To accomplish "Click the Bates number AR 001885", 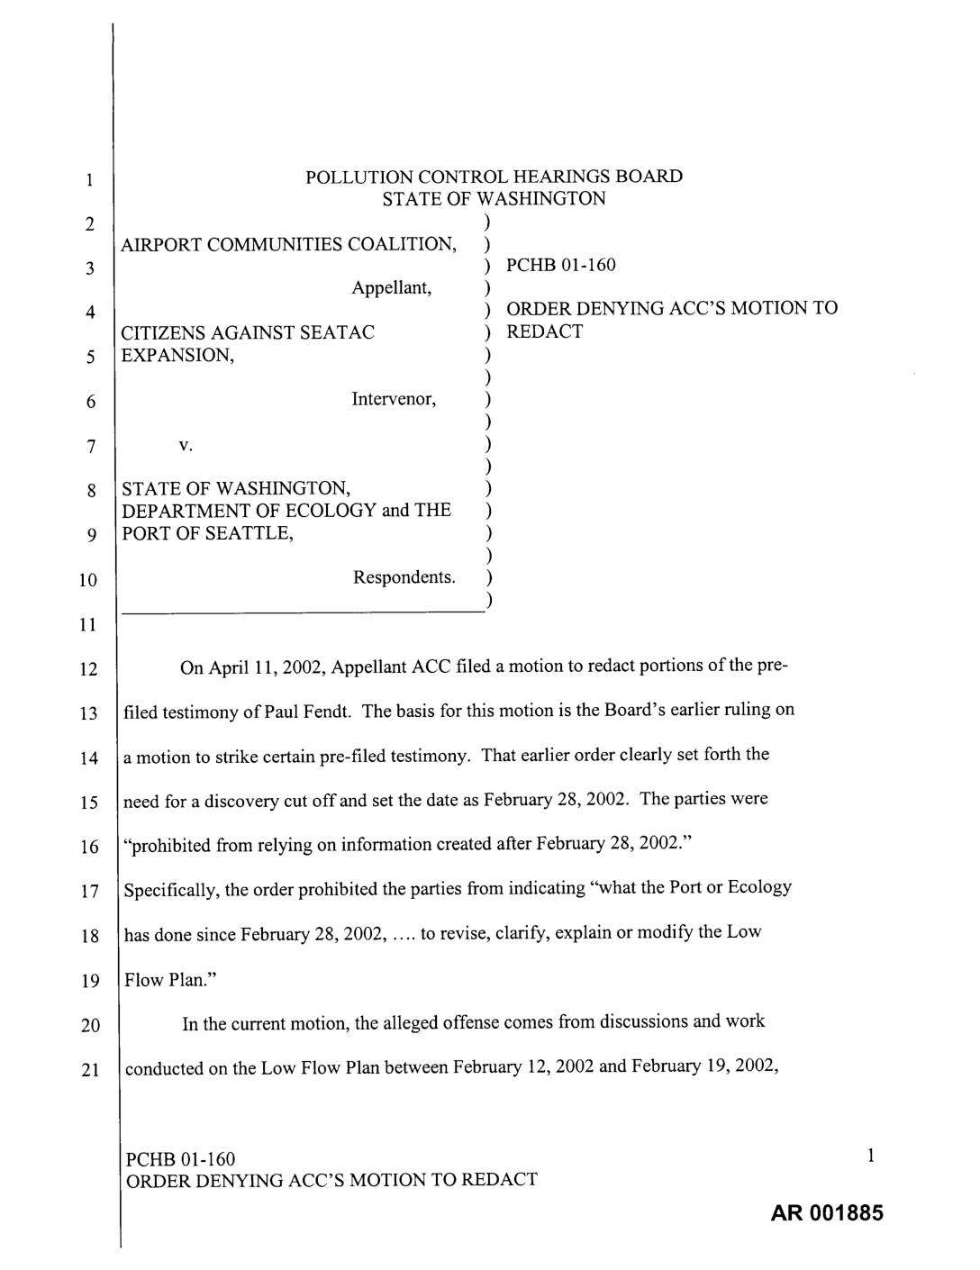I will (827, 1212).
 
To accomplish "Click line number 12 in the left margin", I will (88, 669).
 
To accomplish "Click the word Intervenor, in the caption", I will (394, 399).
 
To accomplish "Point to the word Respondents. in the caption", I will (404, 576).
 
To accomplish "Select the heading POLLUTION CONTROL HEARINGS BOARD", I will (494, 177).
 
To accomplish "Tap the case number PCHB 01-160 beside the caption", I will (561, 265).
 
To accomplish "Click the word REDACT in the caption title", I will (544, 331).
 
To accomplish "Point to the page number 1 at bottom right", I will (871, 1157).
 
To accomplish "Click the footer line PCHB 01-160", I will (180, 1158).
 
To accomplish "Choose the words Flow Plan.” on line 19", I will (166, 979).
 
